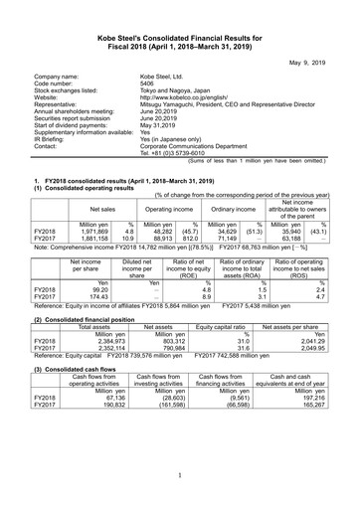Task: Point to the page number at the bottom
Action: (179, 476)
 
